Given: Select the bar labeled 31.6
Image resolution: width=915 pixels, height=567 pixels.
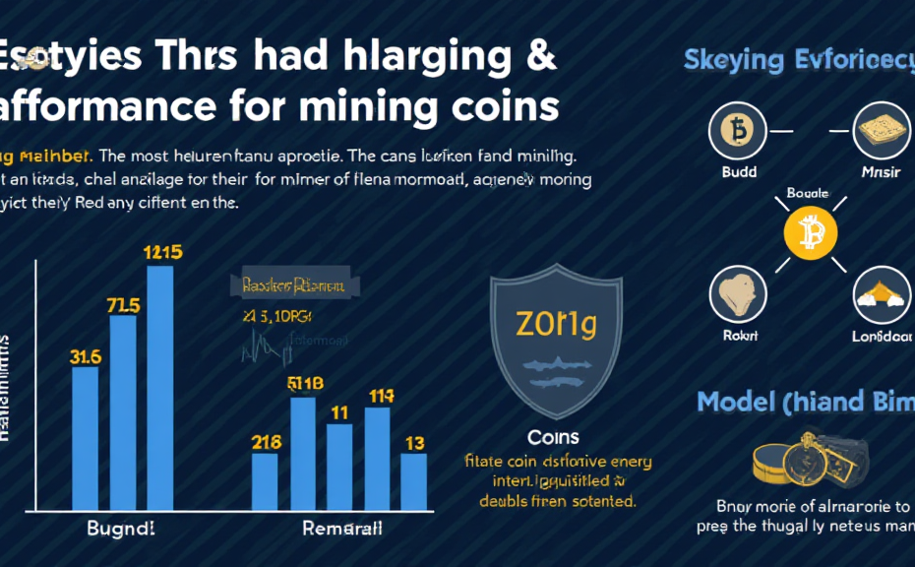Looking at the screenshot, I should [x=86, y=438].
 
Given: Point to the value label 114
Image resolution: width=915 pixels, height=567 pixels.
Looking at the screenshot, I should [x=381, y=397].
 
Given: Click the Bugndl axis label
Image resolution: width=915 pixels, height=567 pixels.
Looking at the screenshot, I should [x=121, y=529].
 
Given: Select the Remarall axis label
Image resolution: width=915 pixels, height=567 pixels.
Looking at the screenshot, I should [x=340, y=529].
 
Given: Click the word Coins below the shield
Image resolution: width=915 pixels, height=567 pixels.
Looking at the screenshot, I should [x=553, y=437].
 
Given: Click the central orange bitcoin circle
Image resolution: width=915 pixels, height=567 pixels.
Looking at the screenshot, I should [x=810, y=232].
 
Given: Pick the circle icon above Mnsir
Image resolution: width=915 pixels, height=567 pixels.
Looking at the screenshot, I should [x=881, y=130].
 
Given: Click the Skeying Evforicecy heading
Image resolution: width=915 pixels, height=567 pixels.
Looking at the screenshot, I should [x=797, y=59].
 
